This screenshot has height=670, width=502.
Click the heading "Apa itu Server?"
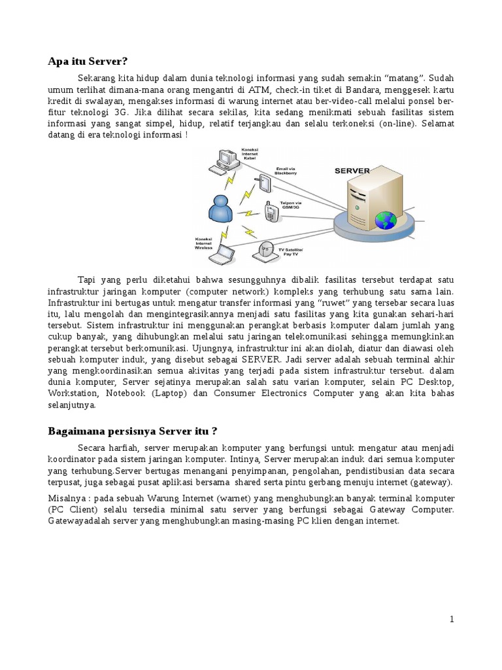coord(88,62)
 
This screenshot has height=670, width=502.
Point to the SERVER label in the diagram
coord(352,170)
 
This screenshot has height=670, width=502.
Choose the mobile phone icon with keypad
coord(270,211)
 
